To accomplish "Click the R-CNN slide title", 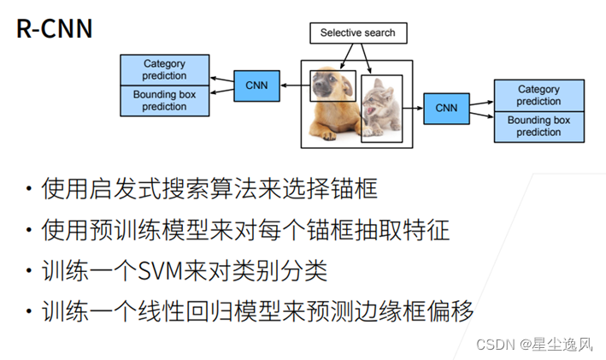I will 54,28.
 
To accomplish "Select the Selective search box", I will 357,33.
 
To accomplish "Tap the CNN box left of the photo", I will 256,86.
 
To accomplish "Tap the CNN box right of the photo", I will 446,108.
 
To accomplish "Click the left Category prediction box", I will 164,69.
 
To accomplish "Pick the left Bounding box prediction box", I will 164,100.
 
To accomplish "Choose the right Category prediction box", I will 538,95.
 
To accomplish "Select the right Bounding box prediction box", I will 538,126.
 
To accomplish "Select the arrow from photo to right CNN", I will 414,108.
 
